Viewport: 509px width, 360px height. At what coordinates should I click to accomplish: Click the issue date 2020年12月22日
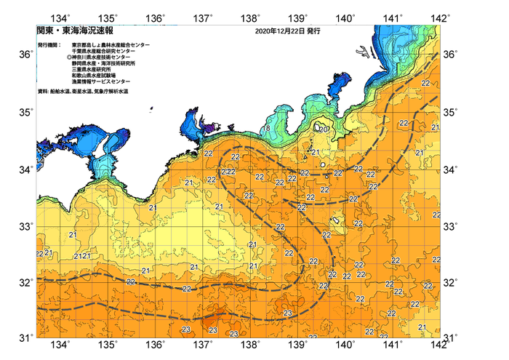tap(279, 32)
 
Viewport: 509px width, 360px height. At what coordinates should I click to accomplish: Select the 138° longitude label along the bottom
tap(251, 345)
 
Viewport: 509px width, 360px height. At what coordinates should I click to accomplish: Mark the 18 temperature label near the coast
tap(267, 128)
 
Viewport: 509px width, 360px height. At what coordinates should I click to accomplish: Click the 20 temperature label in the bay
tap(324, 129)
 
